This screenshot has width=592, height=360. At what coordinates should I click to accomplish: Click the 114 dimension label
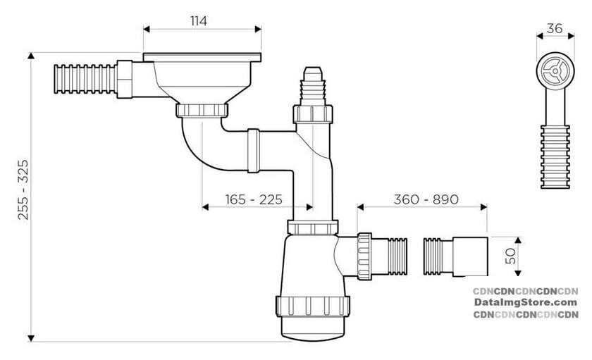199,21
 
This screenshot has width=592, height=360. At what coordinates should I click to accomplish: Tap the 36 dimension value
555,28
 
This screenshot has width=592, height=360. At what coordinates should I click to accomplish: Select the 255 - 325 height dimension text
23,190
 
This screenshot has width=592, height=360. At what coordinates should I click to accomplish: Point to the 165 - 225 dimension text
254,199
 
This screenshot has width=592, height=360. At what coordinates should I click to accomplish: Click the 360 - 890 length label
426,199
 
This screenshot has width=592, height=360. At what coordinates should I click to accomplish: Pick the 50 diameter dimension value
510,256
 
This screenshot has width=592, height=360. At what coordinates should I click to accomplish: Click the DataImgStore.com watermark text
526,302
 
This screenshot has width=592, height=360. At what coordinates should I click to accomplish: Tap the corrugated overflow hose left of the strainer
85,79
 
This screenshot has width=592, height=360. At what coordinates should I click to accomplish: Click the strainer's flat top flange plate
202,57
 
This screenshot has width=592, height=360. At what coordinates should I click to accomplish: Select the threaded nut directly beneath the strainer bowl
202,111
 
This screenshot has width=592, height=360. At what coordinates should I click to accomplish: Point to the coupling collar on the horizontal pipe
253,151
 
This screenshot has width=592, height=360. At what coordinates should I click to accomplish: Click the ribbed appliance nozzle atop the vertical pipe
313,87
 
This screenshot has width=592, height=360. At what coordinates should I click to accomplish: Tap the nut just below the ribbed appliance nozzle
313,114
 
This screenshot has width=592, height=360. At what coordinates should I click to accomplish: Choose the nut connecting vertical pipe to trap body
313,228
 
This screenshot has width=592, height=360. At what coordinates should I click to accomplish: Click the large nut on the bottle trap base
313,306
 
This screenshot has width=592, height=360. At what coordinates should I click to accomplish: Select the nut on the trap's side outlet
364,256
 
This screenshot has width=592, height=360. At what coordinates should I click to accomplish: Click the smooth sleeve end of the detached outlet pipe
470,256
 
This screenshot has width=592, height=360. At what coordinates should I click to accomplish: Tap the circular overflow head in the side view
555,71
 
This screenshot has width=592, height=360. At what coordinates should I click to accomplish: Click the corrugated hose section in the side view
555,156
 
